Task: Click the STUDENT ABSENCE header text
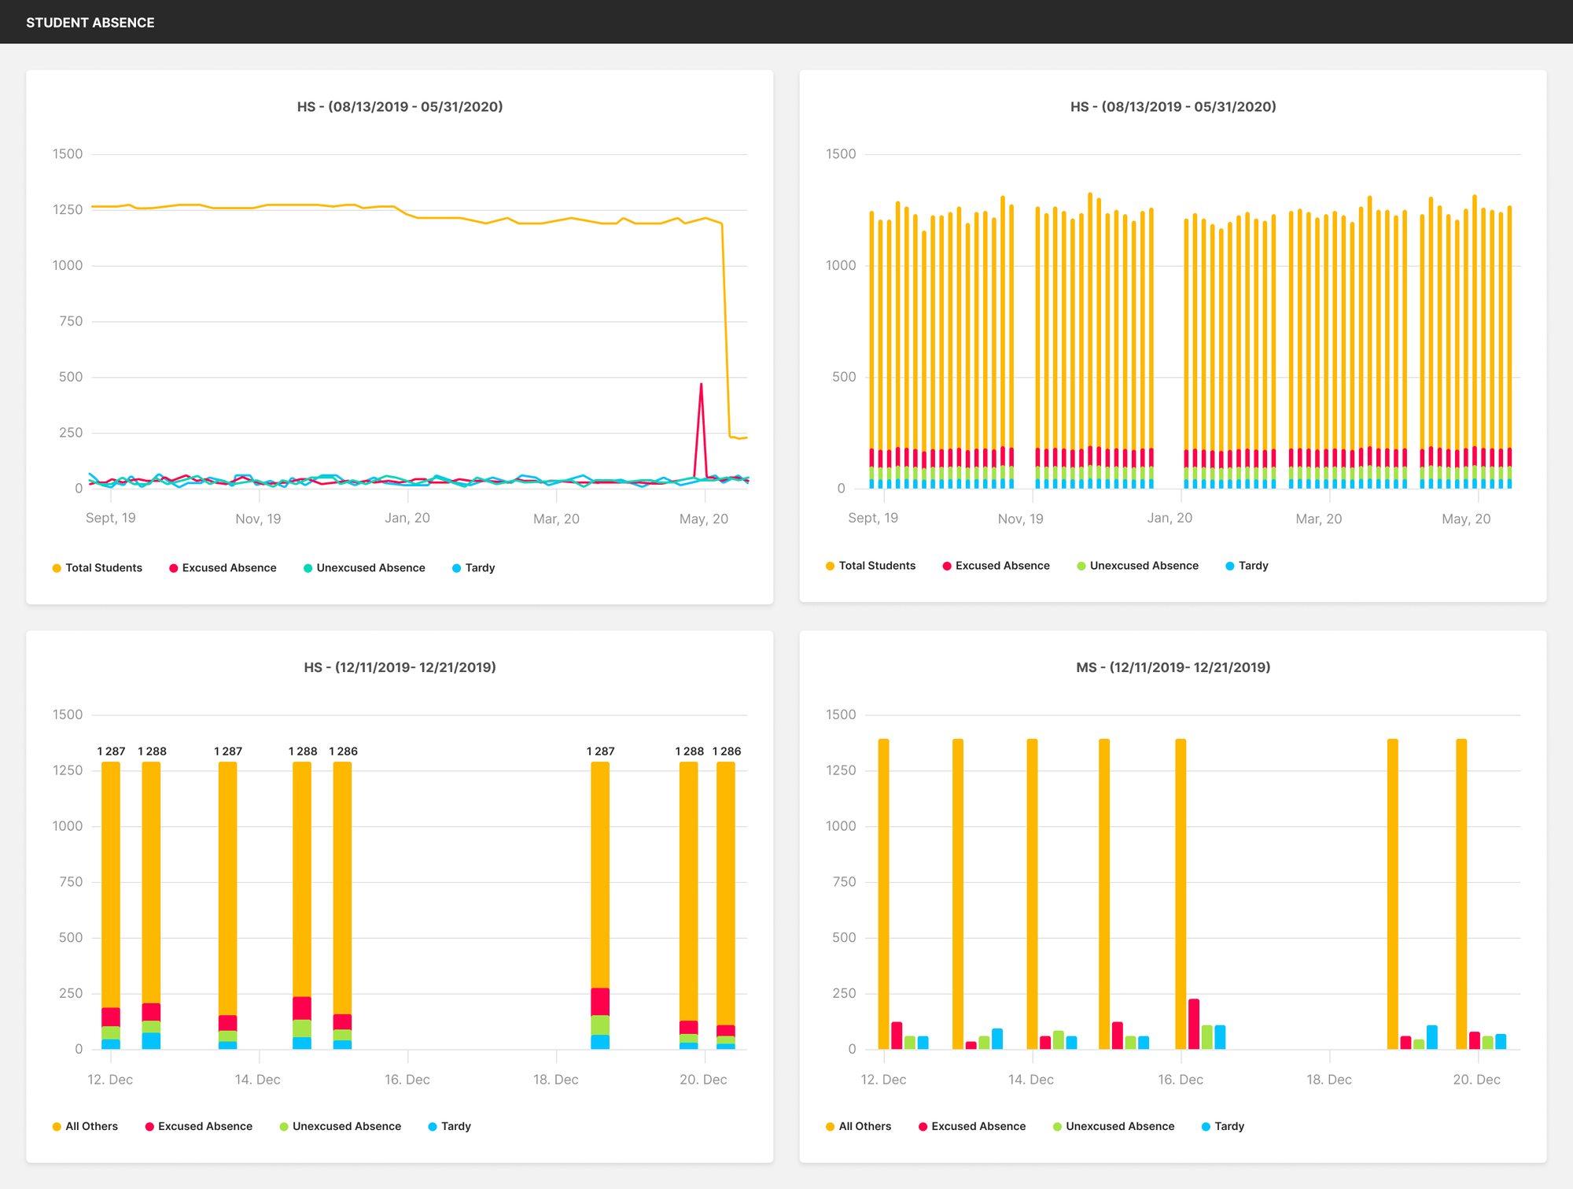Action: click(90, 23)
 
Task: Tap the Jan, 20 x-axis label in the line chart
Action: click(407, 519)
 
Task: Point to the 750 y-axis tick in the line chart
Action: click(71, 321)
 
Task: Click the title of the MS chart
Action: click(1173, 667)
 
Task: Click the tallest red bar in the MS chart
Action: click(1194, 1024)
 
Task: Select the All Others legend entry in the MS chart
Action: click(858, 1127)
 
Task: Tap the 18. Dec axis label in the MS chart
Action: click(1329, 1080)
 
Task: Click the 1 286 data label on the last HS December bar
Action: click(727, 751)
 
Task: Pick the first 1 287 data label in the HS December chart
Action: click(111, 751)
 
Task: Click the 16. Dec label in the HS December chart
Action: click(407, 1080)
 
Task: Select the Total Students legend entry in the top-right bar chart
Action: click(871, 566)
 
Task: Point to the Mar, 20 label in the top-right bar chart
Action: click(1319, 519)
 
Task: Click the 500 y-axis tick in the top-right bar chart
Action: click(844, 377)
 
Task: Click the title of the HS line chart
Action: click(400, 107)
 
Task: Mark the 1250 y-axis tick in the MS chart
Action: click(841, 770)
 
